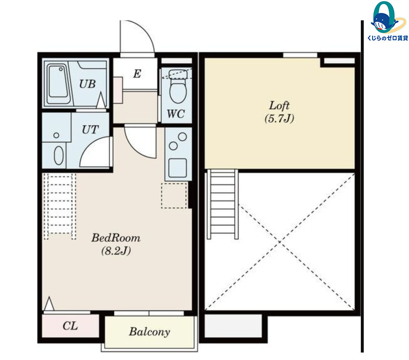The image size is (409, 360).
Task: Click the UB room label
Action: pyautogui.click(x=87, y=84)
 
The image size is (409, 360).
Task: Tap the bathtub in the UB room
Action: pyautogui.click(x=59, y=84)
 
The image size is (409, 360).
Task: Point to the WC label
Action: pyautogui.click(x=176, y=114)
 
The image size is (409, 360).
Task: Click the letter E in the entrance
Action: pyautogui.click(x=137, y=74)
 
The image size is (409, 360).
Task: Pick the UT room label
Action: pyautogui.click(x=90, y=129)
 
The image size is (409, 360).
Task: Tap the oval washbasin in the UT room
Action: pyautogui.click(x=59, y=155)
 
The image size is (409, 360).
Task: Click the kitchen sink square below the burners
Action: pyautogui.click(x=178, y=168)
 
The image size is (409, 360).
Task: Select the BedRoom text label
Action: pyautogui.click(x=116, y=238)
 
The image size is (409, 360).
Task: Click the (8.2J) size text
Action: pyautogui.click(x=116, y=251)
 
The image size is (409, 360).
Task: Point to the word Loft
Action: pyautogui.click(x=279, y=105)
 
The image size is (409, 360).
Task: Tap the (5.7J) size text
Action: pyautogui.click(x=279, y=119)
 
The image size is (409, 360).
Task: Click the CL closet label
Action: pyautogui.click(x=70, y=326)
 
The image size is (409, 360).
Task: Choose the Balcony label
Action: pyautogui.click(x=149, y=332)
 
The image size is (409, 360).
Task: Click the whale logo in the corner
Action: pyautogui.click(x=385, y=17)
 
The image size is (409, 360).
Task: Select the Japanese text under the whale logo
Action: pyautogui.click(x=387, y=38)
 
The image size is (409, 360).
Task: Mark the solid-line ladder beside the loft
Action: pyautogui.click(x=223, y=204)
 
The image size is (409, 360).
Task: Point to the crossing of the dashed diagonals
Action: pyautogui.click(x=279, y=242)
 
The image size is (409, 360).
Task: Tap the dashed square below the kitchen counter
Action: pyautogui.click(x=174, y=196)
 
